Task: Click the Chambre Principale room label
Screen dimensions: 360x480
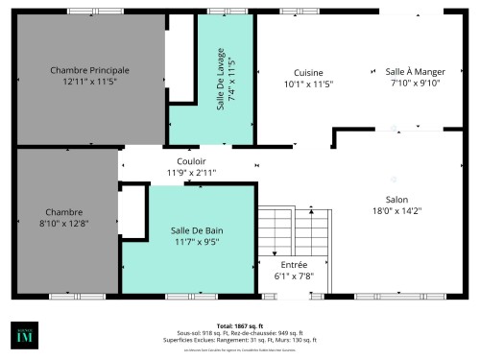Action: click(89, 70)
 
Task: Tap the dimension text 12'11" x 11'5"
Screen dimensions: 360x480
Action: click(89, 83)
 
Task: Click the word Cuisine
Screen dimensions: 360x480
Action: click(308, 72)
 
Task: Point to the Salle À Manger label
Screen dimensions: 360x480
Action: click(414, 71)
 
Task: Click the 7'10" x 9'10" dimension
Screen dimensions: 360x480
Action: click(414, 84)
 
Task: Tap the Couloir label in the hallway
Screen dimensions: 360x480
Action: click(191, 160)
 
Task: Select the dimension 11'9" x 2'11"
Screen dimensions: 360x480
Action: click(191, 173)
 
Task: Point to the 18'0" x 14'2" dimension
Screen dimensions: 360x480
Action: click(396, 211)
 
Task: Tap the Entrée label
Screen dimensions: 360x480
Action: click(294, 264)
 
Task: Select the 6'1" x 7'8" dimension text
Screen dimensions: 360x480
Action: click(294, 276)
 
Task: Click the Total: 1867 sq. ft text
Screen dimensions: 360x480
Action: click(239, 325)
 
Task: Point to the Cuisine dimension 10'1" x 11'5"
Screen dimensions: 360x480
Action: click(308, 84)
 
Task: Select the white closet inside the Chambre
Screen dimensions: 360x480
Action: click(132, 210)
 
